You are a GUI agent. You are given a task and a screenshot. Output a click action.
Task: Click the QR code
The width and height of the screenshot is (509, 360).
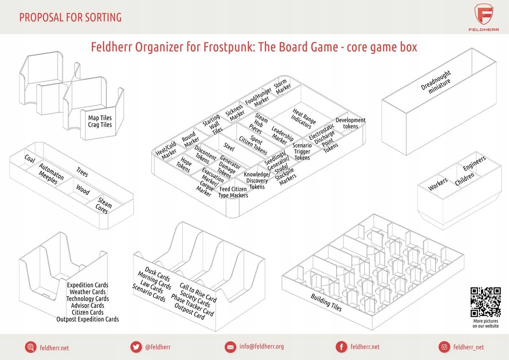click(486, 302)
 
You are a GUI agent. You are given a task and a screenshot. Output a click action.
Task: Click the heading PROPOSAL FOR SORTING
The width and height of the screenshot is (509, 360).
click(70, 17)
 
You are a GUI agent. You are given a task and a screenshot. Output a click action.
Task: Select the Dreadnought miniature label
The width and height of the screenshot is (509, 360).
click(436, 83)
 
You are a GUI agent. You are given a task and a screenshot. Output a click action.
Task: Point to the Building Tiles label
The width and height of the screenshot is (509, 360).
click(326, 302)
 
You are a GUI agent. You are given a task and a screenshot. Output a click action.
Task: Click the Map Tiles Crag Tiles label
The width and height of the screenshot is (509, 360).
click(100, 121)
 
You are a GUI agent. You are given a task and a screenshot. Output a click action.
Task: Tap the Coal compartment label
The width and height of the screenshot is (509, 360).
click(30, 159)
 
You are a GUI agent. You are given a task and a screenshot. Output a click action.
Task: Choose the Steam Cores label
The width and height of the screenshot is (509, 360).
click(104, 205)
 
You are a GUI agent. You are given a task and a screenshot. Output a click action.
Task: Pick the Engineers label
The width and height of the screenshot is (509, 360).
click(474, 164)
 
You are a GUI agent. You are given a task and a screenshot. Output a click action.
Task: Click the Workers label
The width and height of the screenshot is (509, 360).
click(438, 184)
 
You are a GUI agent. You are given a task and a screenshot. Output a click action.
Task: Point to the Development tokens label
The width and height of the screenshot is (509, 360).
click(350, 123)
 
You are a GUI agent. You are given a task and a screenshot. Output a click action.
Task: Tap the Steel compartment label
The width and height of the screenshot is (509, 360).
click(229, 147)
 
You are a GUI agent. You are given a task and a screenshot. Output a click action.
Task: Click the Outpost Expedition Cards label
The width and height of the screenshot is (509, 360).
click(88, 319)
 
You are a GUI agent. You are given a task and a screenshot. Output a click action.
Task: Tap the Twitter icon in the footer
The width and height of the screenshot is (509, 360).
click(136, 347)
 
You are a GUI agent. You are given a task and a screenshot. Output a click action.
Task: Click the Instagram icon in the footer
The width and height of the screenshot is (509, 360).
click(444, 347)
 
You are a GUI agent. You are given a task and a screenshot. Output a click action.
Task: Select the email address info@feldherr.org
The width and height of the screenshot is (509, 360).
click(261, 346)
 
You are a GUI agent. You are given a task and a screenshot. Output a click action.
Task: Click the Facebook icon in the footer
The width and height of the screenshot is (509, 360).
click(341, 347)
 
